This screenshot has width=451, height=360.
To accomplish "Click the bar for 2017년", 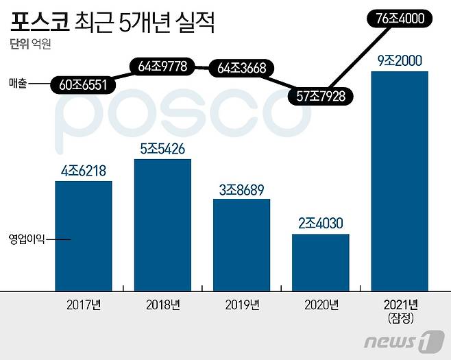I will pos(83,235).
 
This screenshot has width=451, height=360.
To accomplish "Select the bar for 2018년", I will pos(162,224).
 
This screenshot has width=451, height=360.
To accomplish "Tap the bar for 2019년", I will pos(241,244).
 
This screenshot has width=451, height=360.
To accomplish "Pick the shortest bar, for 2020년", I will pos(321,261).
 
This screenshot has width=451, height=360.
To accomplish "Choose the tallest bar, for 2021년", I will pos(400,180).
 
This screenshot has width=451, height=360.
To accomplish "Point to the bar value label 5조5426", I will pos(162,149).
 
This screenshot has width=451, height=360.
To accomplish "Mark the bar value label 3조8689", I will pos(241,189).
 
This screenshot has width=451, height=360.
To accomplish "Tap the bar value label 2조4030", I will pos(321,224).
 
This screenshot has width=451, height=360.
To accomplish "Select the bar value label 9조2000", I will pos(400,60).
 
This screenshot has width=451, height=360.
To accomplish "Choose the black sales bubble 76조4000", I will pos(400,20).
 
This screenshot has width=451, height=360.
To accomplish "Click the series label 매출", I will pos(19,86).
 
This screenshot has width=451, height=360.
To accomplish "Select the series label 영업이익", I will pos(26,239).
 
